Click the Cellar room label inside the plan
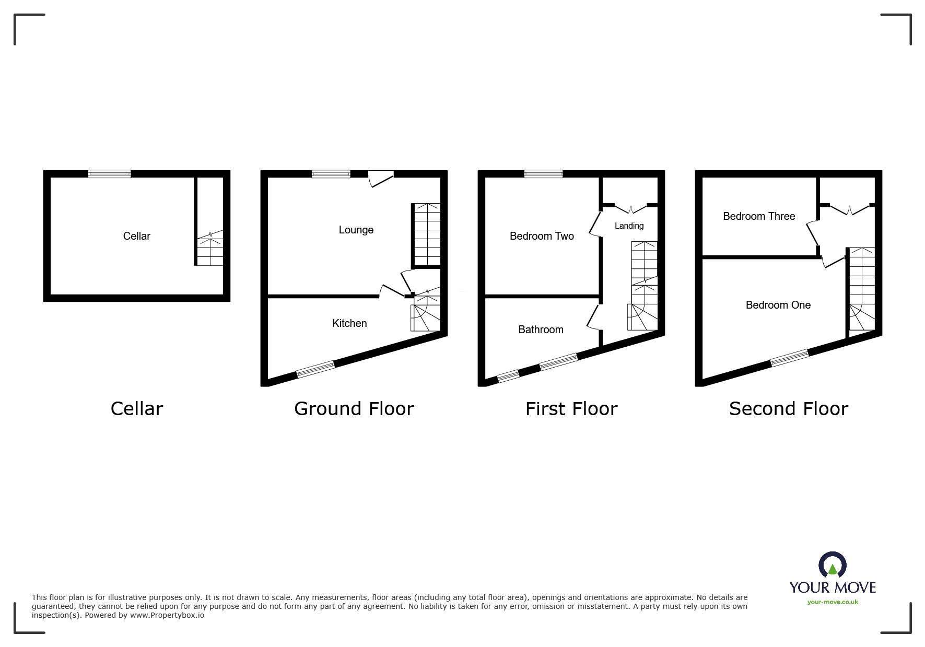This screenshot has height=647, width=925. [x=136, y=236]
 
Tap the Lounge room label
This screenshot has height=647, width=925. [x=356, y=230]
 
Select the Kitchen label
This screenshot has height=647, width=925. [x=349, y=323]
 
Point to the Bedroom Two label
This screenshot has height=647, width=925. [x=542, y=236]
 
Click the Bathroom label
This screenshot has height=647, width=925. [x=541, y=330]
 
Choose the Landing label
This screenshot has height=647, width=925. [x=629, y=226]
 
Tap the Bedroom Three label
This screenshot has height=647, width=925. [x=758, y=216]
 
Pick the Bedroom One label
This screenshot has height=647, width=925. [x=778, y=305]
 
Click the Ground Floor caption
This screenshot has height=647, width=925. [x=354, y=408]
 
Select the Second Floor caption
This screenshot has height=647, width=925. [x=788, y=408]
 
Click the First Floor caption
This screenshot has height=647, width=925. [x=571, y=408]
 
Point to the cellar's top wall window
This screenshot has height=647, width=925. [x=109, y=174]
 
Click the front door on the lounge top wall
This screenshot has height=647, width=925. [x=381, y=178]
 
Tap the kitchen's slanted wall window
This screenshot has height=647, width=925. [x=315, y=369]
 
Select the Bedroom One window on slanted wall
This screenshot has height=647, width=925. [x=789, y=357]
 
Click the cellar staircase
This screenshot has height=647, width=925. [x=210, y=251]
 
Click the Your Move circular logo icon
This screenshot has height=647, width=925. [x=832, y=566]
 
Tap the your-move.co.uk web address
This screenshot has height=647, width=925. [x=833, y=602]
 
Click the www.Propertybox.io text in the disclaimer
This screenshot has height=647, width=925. [x=167, y=615]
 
